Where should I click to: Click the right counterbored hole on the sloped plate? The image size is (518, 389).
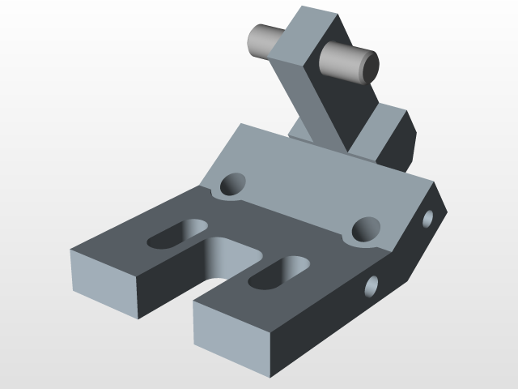366,230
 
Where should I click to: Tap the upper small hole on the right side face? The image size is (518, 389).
428,216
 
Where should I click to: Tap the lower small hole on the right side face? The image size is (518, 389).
373,284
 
